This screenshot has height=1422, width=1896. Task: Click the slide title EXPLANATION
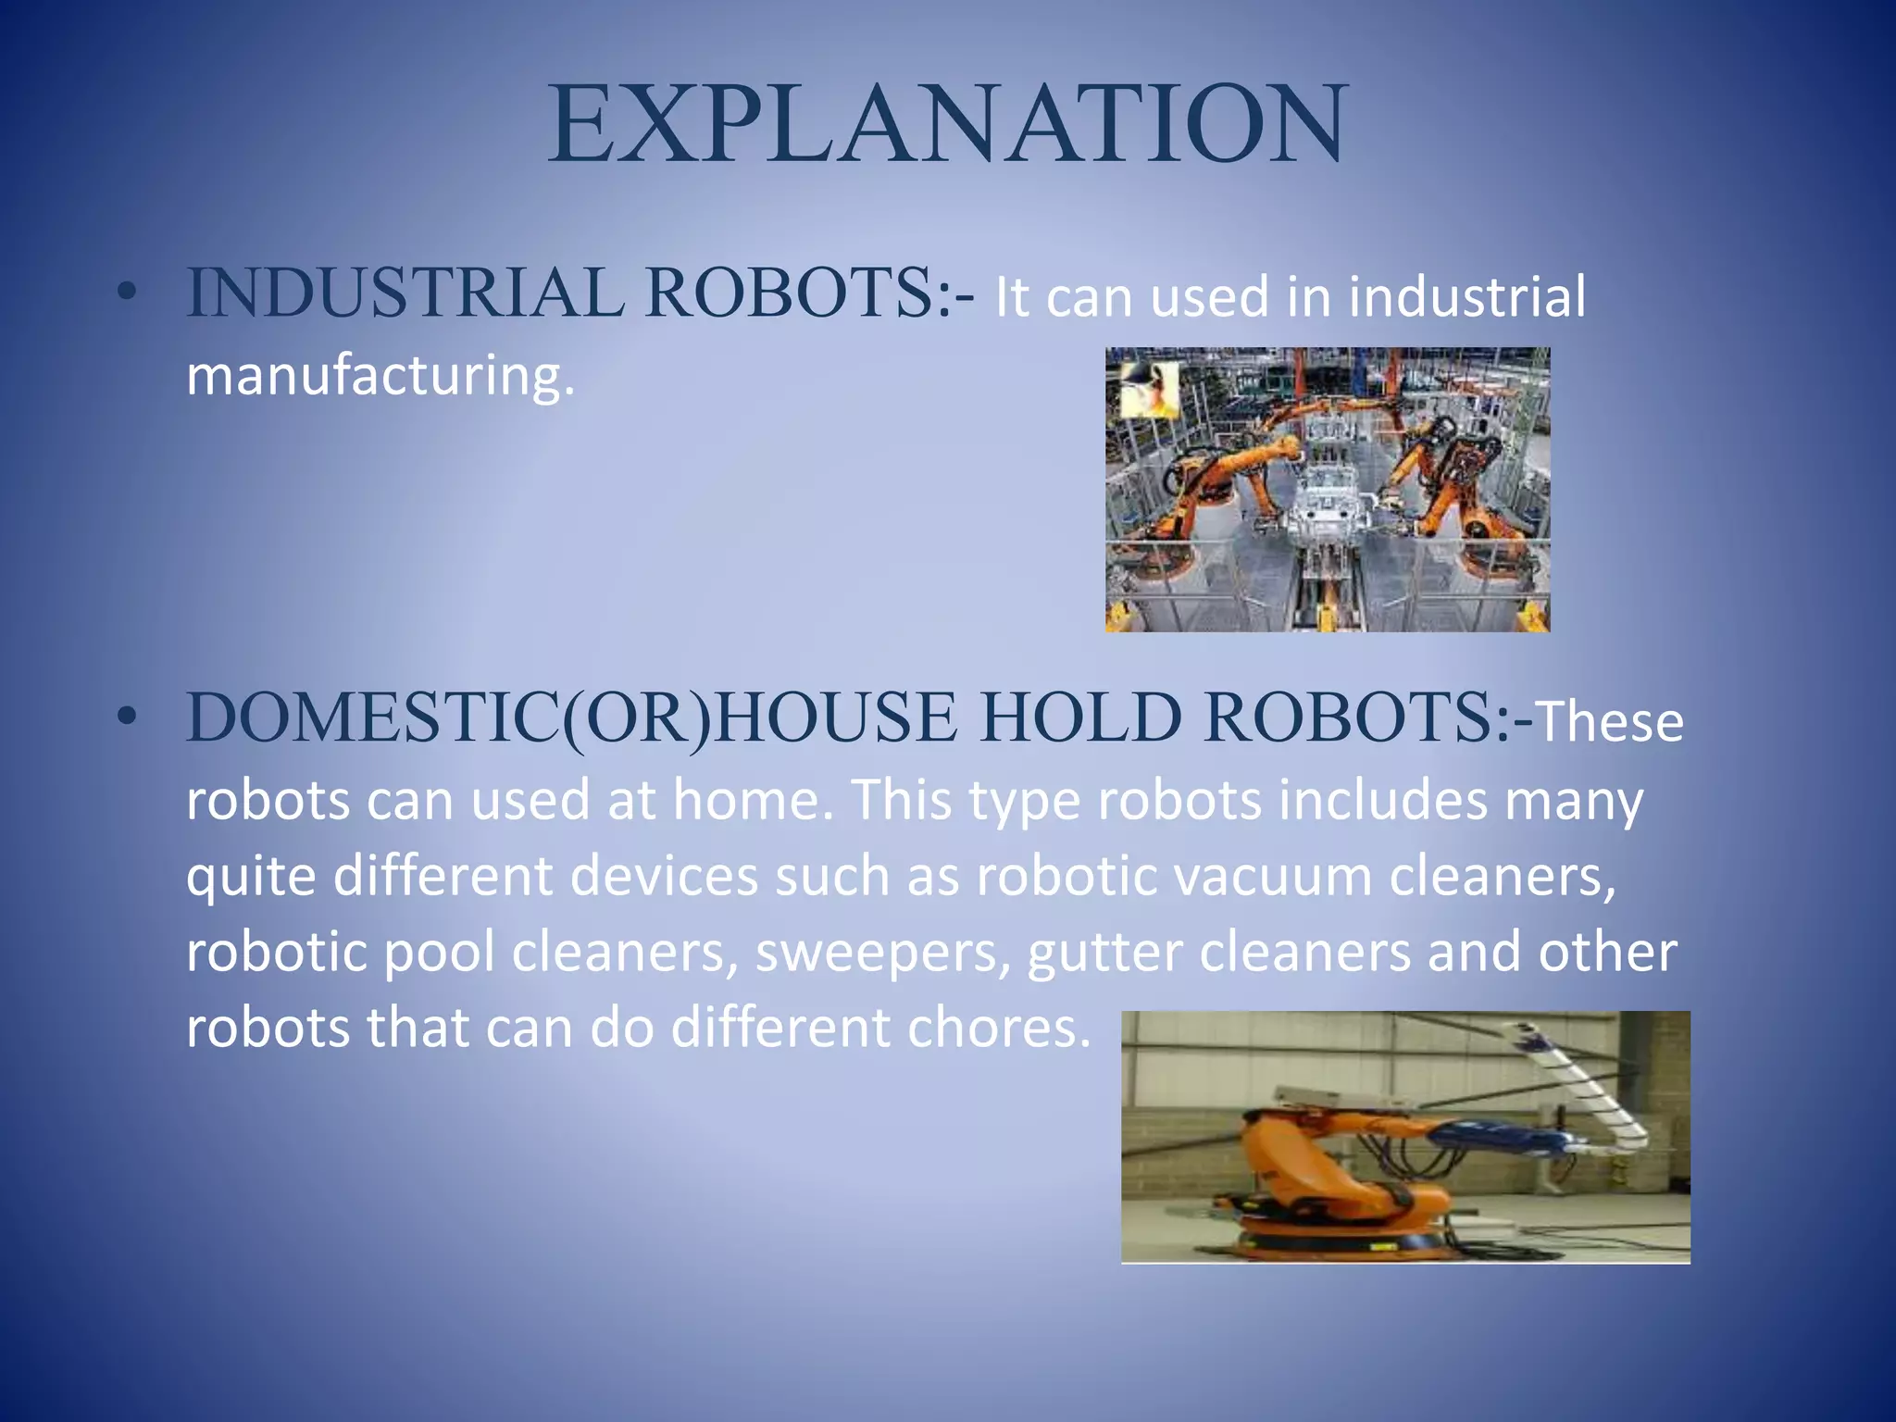(x=946, y=125)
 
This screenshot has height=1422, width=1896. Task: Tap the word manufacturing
(x=380, y=375)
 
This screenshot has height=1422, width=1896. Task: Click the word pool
(x=439, y=954)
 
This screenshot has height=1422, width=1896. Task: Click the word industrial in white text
(x=1466, y=297)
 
